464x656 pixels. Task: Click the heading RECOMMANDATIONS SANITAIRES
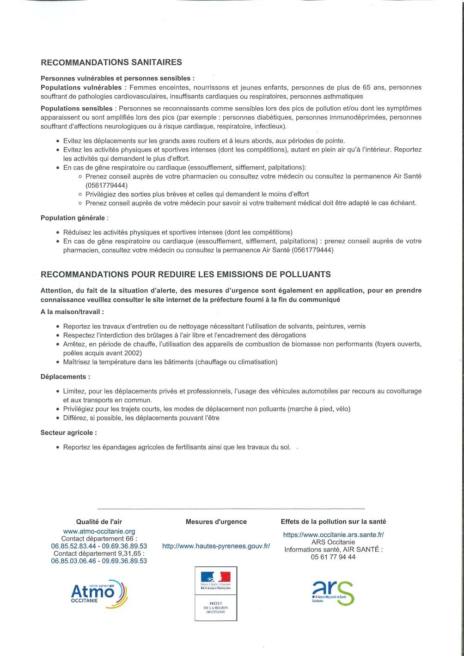111,62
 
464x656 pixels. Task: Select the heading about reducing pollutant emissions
186,274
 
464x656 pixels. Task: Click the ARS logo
333,593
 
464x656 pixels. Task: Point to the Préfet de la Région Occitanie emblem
216,594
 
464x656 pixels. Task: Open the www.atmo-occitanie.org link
99,532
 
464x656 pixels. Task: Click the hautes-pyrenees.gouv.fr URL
216,546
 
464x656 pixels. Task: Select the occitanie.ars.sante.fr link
333,535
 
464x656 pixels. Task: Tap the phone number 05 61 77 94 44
333,557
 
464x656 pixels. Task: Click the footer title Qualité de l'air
99,522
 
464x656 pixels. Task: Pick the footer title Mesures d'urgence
216,522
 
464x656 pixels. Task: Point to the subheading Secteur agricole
69,433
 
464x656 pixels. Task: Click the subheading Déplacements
65,377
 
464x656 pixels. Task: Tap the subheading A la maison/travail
72,312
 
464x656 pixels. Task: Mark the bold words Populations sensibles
77,109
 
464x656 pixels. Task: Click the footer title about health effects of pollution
333,522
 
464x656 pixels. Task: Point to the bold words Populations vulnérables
81,87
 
